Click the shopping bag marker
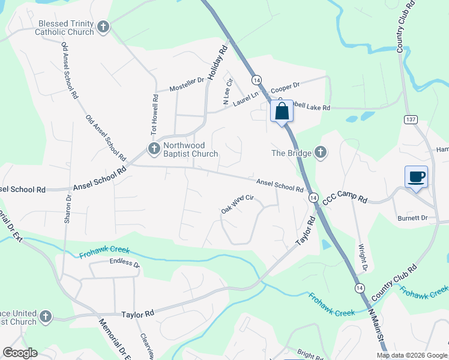tap(282, 112)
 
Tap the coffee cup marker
tap(416, 177)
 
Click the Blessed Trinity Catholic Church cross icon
tap(103, 27)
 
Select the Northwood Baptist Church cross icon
tap(153, 148)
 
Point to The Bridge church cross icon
tap(321, 152)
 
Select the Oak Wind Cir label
tap(238, 204)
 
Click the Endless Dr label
tap(124, 263)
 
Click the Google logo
tap(20, 353)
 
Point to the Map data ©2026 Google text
tap(411, 355)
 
